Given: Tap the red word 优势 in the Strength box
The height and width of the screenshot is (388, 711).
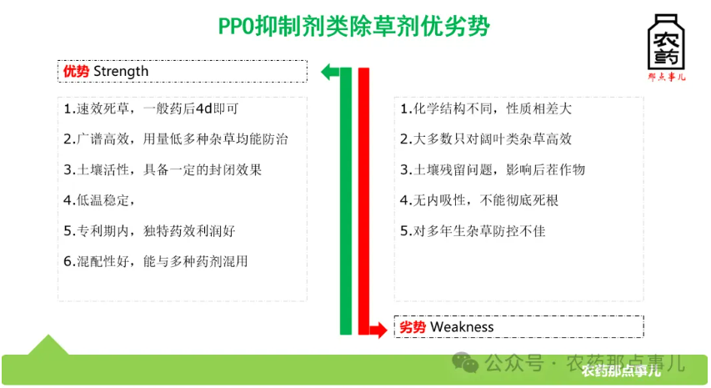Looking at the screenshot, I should point(77,71).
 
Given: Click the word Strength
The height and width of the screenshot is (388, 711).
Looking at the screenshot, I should point(121,71).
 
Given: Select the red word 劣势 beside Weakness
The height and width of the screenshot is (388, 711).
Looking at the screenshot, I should point(413,326).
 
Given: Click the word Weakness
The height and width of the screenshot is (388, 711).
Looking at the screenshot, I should point(463,326).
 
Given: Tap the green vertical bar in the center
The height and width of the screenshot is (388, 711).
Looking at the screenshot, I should point(346,200).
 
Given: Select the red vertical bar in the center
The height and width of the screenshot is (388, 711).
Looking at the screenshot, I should point(363,200).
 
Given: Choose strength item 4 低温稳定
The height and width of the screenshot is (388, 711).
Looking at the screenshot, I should point(100,200).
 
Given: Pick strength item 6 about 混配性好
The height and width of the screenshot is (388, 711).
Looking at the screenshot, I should point(155,261).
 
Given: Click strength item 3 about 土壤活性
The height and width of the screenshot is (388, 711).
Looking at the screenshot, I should point(163,169).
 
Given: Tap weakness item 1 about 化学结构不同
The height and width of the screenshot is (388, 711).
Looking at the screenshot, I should point(485,108).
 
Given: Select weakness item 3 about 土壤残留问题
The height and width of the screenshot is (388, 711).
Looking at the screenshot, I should point(493,169).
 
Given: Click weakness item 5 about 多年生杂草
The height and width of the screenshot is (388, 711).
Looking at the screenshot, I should point(473,230).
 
